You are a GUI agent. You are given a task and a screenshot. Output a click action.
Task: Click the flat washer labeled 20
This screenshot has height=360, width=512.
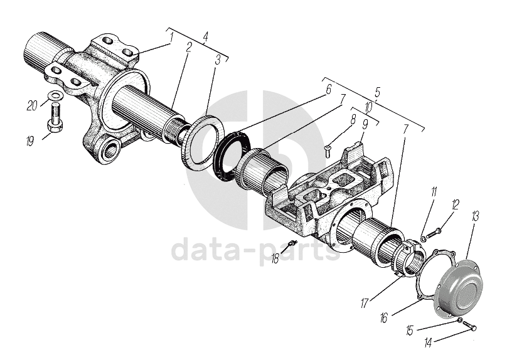click(x=55, y=96)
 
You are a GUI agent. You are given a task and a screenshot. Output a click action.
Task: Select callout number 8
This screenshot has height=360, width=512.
click(x=353, y=117)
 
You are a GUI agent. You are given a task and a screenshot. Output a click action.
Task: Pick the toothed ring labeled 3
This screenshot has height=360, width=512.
click(x=203, y=140)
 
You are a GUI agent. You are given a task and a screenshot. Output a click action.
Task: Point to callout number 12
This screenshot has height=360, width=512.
click(x=456, y=204)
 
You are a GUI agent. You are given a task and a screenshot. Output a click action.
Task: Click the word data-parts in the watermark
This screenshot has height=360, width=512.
click(x=255, y=250)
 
